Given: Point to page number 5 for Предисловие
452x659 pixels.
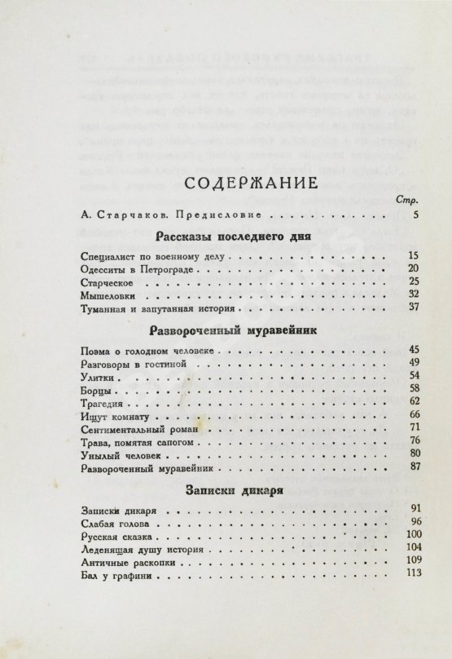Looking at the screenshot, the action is [415, 215].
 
